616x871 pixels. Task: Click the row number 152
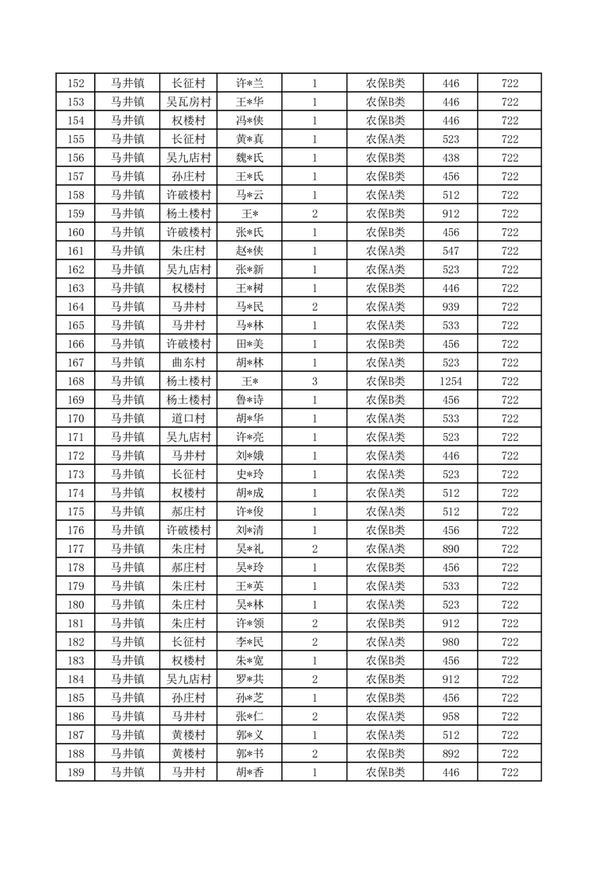[x=76, y=83]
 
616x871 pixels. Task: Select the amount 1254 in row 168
[x=451, y=381]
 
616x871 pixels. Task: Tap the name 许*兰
[x=250, y=83]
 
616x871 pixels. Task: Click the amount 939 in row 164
[x=451, y=307]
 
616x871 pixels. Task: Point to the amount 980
[x=451, y=642]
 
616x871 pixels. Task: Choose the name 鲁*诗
[x=250, y=400]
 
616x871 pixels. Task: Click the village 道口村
[x=189, y=418]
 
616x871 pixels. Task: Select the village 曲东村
[x=189, y=363]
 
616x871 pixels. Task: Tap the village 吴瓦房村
[x=189, y=102]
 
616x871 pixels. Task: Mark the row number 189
[x=76, y=772]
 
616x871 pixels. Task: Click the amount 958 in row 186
[x=451, y=717]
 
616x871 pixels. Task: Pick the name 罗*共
[x=250, y=679]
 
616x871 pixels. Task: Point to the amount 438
[x=451, y=158]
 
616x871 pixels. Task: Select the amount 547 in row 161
[x=451, y=251]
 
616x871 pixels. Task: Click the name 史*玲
[x=250, y=474]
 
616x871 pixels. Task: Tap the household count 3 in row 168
[x=315, y=381]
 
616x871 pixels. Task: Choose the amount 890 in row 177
[x=451, y=549]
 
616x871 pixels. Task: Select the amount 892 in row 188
[x=451, y=754]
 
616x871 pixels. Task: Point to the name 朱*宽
[x=250, y=661]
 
